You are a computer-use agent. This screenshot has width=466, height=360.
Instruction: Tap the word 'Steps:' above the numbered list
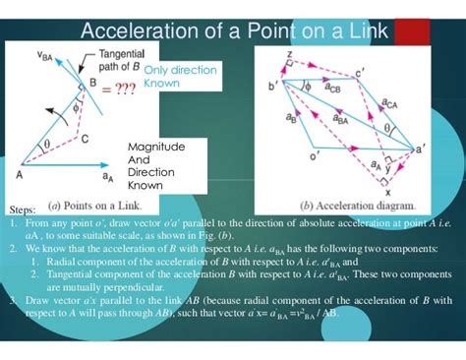(22, 210)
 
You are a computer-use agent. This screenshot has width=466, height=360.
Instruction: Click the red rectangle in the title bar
(411, 31)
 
